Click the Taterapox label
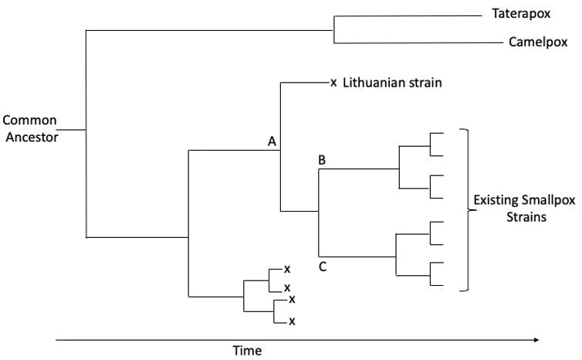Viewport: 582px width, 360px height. pos(519,15)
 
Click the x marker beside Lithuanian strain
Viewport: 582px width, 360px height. pos(333,83)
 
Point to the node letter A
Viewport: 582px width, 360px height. pos(272,141)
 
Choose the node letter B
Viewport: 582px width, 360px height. pos(322,160)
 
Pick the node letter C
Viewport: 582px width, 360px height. pos(322,267)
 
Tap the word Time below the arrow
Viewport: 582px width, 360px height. pos(247,350)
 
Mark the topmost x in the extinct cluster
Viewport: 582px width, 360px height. pos(286,269)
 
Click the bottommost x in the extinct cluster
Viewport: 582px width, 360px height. pos(292,321)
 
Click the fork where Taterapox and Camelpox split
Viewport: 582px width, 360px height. pos(333,30)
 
